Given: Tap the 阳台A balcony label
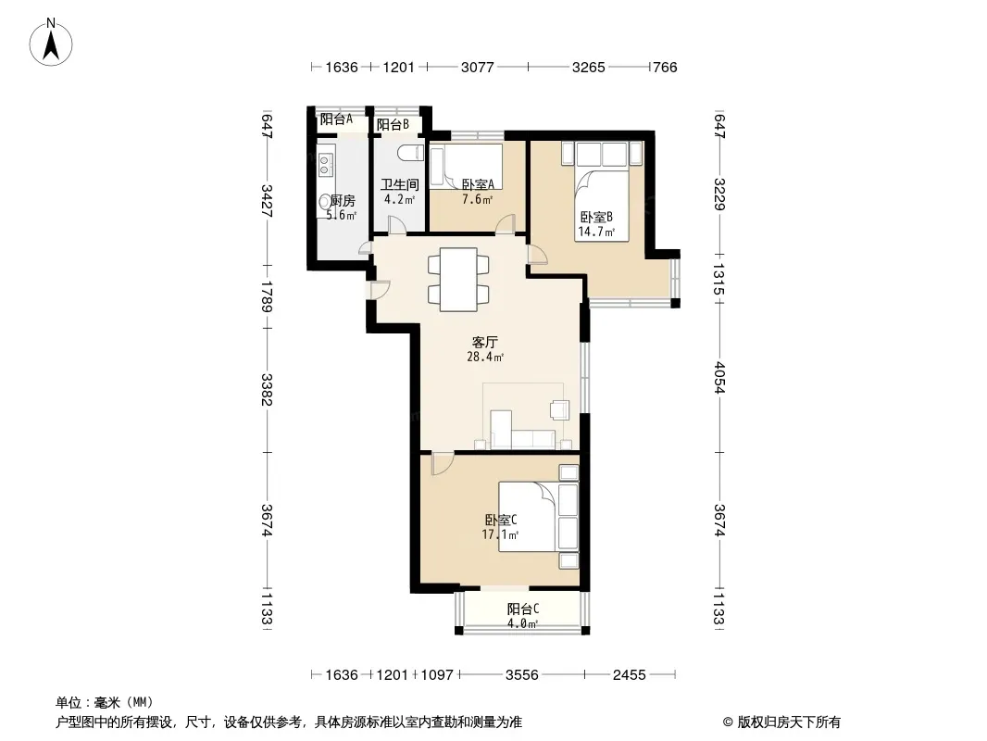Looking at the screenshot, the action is pyautogui.click(x=336, y=119).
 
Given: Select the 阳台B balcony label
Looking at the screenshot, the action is pyautogui.click(x=393, y=125).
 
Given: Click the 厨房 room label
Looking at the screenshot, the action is pyautogui.click(x=343, y=200).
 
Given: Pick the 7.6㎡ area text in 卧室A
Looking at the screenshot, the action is pyautogui.click(x=477, y=199).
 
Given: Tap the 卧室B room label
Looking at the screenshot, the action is pyautogui.click(x=596, y=217).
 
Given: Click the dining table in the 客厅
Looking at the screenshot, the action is pyautogui.click(x=458, y=280).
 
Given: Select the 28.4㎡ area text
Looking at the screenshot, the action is pyautogui.click(x=484, y=357).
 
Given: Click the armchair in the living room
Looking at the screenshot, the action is pyautogui.click(x=559, y=409).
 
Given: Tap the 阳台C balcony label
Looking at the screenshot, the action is pyautogui.click(x=523, y=609).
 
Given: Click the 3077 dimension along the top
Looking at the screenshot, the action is pyautogui.click(x=477, y=67).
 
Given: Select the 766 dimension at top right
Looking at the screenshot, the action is pyautogui.click(x=665, y=67).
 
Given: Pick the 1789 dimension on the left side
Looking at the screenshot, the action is pyautogui.click(x=267, y=296).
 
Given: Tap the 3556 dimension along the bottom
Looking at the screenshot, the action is pyautogui.click(x=522, y=674).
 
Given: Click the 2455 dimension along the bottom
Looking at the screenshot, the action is pyautogui.click(x=629, y=674).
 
